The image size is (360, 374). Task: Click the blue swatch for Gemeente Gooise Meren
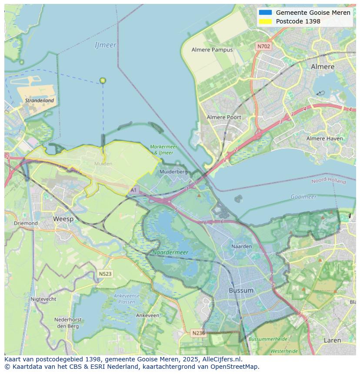point(265,13)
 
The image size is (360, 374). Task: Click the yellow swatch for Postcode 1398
point(265,21)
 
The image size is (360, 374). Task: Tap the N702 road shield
point(263,46)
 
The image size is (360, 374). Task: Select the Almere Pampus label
point(212,50)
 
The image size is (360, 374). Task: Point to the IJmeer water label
point(106,45)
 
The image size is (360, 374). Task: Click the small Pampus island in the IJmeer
point(103,80)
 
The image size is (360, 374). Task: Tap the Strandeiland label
point(40,100)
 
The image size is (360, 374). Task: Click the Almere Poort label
point(224,117)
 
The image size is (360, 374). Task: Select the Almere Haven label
point(324,139)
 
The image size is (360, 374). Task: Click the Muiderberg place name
point(173,172)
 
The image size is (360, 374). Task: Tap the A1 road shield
point(133,190)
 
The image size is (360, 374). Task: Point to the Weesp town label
point(63,219)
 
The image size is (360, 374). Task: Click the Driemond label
point(26,223)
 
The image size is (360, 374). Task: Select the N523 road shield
point(105,274)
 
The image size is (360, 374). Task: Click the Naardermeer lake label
point(170,252)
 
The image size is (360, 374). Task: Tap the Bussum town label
point(241,290)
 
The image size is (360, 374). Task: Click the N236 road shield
point(198,333)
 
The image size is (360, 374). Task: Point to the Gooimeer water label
point(303,197)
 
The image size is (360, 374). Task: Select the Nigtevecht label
point(43,299)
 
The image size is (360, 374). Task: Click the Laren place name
point(332,341)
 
